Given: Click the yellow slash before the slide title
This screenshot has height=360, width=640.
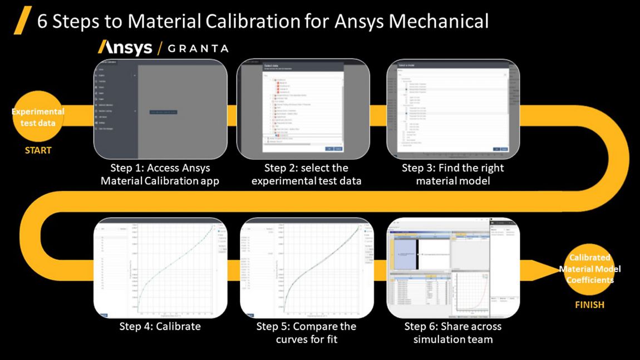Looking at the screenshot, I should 21,22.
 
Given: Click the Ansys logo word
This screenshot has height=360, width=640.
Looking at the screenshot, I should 125,47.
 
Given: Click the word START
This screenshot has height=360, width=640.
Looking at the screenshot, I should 38,150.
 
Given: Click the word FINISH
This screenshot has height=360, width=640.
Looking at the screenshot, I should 589,304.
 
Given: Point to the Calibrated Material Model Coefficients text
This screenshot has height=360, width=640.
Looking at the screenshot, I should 589,269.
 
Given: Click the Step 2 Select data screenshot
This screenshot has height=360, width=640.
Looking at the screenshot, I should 303,109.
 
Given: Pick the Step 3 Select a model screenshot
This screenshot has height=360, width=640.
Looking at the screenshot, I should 453,109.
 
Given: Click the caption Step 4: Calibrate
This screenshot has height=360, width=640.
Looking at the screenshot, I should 160,327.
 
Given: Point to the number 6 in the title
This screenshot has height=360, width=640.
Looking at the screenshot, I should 42,21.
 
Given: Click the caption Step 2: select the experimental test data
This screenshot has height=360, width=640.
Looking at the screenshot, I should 306,174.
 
